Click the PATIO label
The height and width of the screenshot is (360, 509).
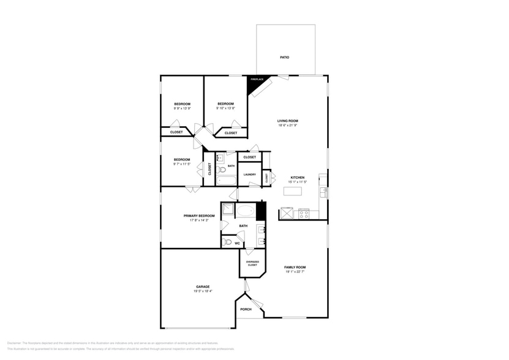(x=285, y=58)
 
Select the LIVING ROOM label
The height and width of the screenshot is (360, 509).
(x=287, y=121)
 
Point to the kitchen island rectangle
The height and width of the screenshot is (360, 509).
(x=293, y=191)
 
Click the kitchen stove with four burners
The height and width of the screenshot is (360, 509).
(x=304, y=214)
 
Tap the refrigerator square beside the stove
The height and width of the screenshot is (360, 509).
(x=287, y=214)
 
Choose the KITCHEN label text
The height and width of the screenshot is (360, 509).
(x=297, y=178)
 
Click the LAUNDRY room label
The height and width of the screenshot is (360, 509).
(x=249, y=174)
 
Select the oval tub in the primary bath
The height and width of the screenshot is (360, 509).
(x=246, y=212)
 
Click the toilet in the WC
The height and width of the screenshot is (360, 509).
(x=228, y=242)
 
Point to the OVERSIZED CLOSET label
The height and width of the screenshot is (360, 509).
(x=252, y=263)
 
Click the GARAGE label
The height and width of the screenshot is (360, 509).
(x=203, y=287)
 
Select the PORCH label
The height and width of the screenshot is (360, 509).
(x=246, y=309)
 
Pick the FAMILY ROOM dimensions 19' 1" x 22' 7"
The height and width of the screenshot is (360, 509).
(x=295, y=272)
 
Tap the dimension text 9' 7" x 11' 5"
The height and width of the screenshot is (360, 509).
(x=182, y=164)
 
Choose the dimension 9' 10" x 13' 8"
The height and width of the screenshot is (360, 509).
(x=225, y=108)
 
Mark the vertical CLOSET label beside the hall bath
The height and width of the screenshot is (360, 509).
(x=209, y=168)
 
